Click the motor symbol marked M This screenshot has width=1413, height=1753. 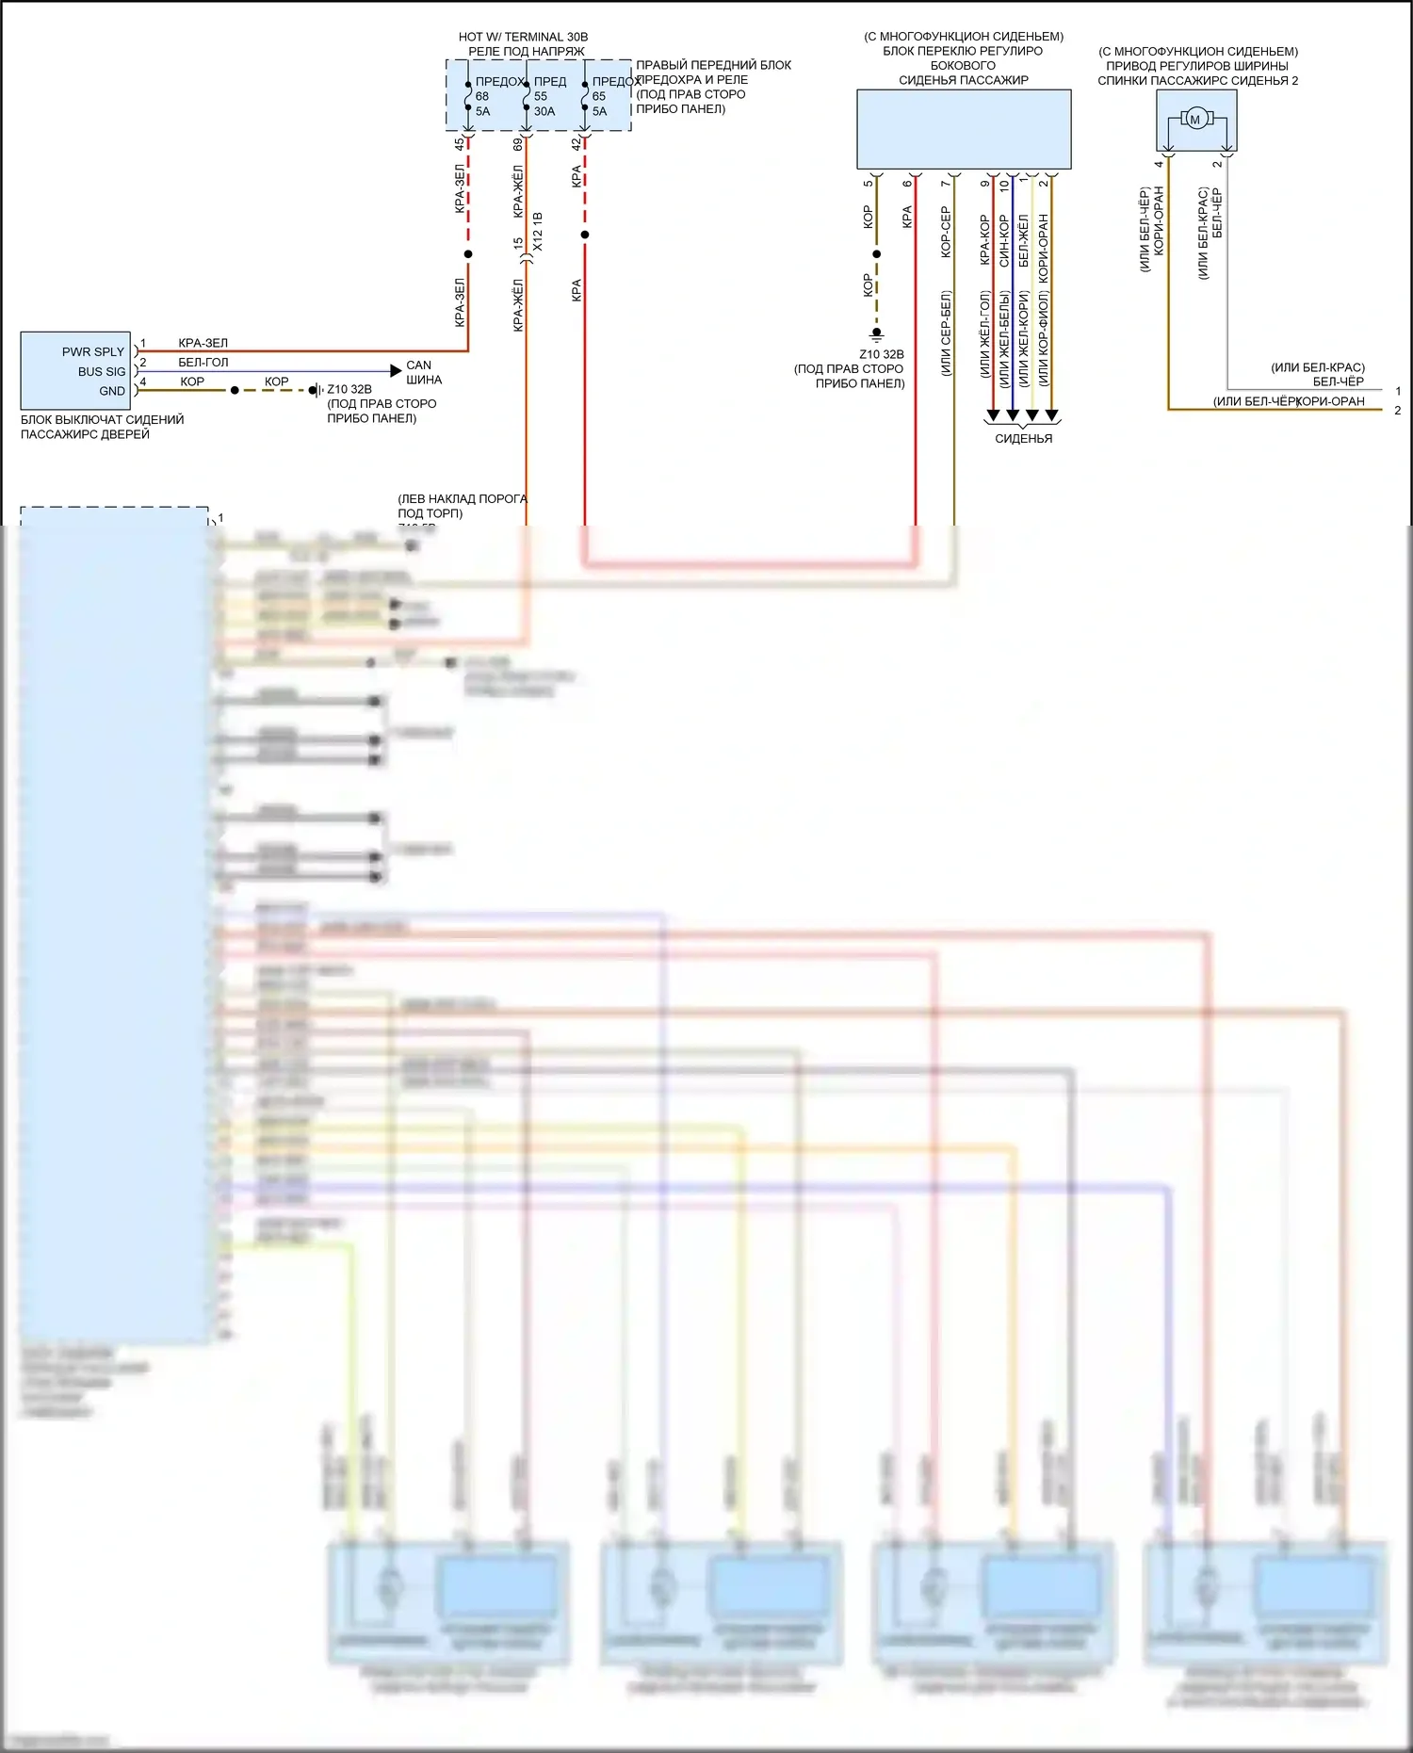(1195, 120)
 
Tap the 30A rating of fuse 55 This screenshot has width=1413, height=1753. (544, 111)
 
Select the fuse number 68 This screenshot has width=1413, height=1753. (482, 96)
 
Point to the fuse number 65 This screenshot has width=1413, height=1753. (599, 96)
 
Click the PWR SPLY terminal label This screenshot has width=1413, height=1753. (93, 351)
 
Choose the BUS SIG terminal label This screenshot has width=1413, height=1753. (102, 371)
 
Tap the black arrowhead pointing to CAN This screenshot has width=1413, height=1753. (396, 371)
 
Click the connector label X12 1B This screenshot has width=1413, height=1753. (538, 231)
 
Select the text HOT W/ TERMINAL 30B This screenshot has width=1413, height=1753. (523, 37)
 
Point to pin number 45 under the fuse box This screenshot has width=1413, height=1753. (460, 144)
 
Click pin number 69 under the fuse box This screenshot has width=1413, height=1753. (518, 144)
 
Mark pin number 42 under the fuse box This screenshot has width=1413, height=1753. (577, 144)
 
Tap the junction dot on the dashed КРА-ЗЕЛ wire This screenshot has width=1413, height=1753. (468, 254)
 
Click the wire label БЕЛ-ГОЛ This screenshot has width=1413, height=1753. (203, 363)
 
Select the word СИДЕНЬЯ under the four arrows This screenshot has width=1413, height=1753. (1023, 438)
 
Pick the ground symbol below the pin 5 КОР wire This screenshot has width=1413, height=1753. (877, 333)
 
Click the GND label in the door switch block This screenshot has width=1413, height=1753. (112, 391)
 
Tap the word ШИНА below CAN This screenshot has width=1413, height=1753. (424, 380)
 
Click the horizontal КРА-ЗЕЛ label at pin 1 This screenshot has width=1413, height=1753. (203, 343)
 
